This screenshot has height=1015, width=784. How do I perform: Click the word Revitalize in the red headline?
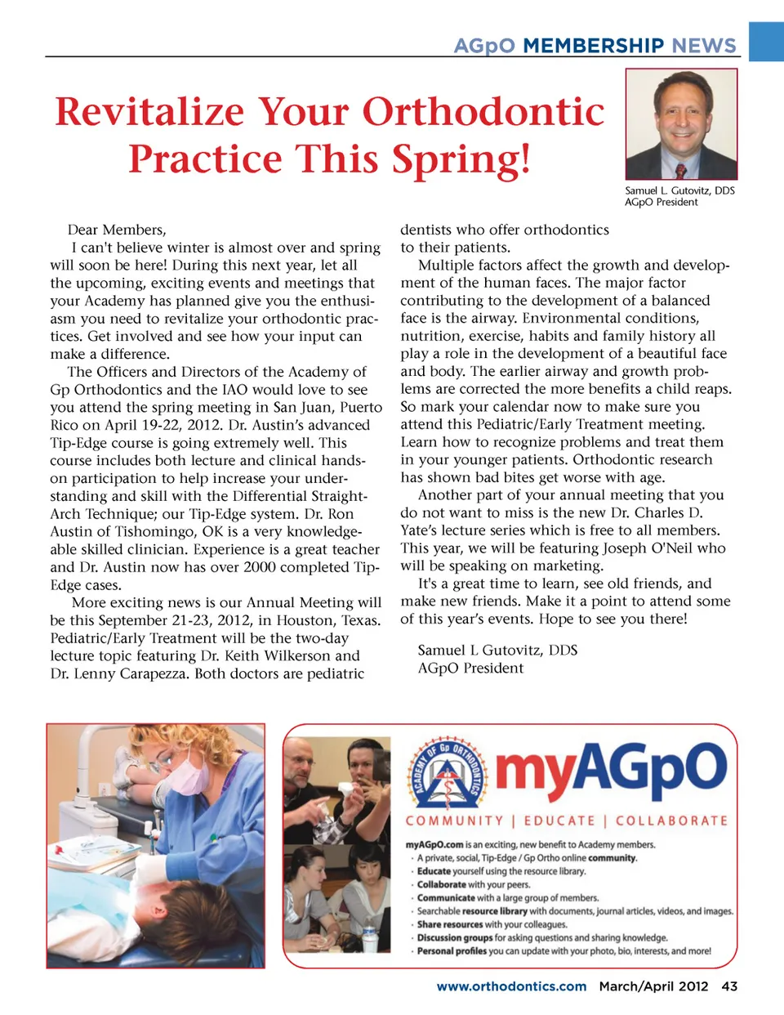(x=149, y=112)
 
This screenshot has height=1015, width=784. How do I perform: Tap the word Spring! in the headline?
(x=461, y=159)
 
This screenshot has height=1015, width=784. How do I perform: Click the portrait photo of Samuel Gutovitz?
(x=681, y=124)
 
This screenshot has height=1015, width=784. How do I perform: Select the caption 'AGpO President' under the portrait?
(x=661, y=203)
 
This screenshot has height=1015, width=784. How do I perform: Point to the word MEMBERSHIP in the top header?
(x=594, y=46)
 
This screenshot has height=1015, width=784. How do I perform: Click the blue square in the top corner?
(x=766, y=41)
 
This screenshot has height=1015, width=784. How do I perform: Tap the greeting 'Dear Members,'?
(x=117, y=230)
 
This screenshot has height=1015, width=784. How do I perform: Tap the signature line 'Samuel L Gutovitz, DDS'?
(x=497, y=651)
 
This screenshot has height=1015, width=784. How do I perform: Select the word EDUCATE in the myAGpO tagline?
(x=559, y=820)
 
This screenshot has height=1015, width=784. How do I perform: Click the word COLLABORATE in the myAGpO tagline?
(x=671, y=820)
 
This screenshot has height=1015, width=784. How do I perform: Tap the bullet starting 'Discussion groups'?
(x=542, y=937)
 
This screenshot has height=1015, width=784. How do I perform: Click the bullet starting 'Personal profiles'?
(x=563, y=951)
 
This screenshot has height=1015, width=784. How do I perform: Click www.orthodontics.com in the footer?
(x=511, y=986)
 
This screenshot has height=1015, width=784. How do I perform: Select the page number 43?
(x=729, y=986)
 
